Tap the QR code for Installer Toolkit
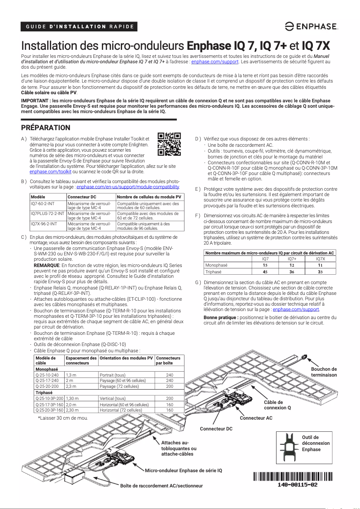click(169, 144)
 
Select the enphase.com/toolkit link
click(50, 171)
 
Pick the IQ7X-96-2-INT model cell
click(44, 224)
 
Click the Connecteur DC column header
click(82, 197)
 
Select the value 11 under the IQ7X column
click(320, 265)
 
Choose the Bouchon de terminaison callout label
click(324, 372)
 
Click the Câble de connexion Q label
click(277, 405)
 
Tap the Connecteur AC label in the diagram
click(256, 418)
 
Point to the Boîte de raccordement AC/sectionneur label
click(162, 486)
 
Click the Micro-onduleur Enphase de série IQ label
click(184, 470)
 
